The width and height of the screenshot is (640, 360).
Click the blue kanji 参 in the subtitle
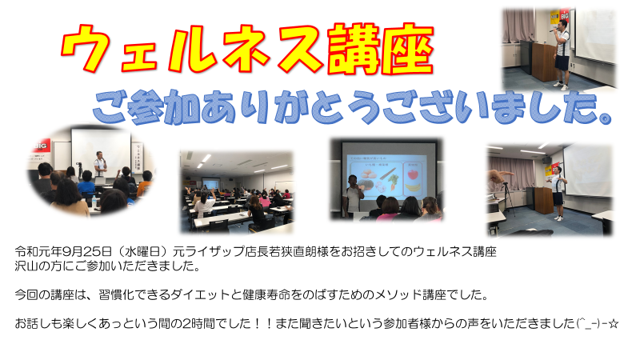(x=146, y=106)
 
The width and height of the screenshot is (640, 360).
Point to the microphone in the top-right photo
(x=554, y=30)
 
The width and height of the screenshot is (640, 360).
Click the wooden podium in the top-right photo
(x=544, y=62)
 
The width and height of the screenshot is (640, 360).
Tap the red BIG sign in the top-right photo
(x=565, y=15)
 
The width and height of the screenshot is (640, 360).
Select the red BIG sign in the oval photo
(x=41, y=146)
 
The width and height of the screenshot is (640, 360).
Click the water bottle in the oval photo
(x=94, y=201)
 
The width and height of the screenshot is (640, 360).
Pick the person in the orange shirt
(x=144, y=185)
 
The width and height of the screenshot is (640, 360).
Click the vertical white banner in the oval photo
(x=138, y=159)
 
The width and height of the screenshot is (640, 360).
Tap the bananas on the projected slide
(x=414, y=188)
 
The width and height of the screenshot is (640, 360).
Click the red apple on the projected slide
(x=413, y=174)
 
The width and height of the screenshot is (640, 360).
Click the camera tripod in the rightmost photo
(x=509, y=200)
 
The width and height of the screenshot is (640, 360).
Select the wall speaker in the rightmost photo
(x=547, y=160)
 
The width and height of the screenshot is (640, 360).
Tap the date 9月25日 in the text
(x=87, y=251)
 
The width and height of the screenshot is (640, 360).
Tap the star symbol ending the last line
(x=614, y=324)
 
